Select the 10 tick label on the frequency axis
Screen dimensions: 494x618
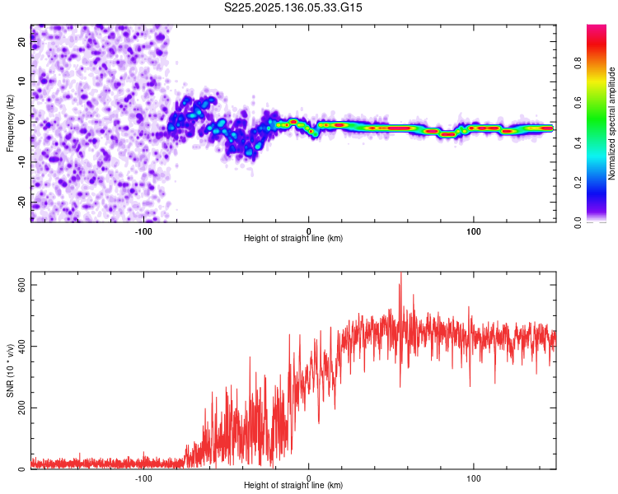coord(22,82)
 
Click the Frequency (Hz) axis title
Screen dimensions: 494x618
coord(9,123)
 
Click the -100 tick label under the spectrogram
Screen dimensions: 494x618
coord(144,231)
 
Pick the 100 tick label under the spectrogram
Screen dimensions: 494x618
coord(473,231)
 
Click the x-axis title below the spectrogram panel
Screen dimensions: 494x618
coord(293,239)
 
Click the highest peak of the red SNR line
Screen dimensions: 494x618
coord(400,274)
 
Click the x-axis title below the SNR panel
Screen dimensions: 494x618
coord(293,486)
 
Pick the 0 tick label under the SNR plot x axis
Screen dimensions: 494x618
coord(309,478)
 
